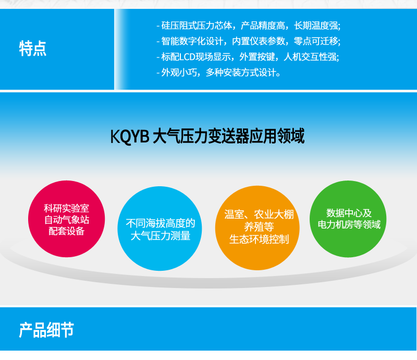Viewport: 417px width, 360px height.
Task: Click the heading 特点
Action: (33, 49)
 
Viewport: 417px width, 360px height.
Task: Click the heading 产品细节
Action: (46, 330)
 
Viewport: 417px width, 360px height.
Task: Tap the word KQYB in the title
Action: (129, 136)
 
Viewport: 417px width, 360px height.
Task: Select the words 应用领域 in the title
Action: (277, 136)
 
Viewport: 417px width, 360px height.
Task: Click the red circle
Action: (67, 219)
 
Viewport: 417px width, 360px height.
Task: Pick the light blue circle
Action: (160, 229)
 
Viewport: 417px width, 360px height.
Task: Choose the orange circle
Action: (257, 228)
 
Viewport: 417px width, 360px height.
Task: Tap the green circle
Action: (348, 219)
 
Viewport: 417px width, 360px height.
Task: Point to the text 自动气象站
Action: (67, 220)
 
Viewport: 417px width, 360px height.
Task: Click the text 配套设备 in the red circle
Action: (67, 231)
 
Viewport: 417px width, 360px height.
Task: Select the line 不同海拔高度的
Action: (161, 223)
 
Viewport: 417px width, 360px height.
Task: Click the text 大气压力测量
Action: (161, 236)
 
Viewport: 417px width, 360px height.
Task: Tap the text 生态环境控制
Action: (259, 239)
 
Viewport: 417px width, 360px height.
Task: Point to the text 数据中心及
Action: (349, 213)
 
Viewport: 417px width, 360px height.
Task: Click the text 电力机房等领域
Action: (349, 224)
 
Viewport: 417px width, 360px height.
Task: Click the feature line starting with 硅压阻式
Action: (249, 26)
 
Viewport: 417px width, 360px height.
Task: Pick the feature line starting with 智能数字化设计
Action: (249, 41)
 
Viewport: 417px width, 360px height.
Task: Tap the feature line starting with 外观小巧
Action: (218, 72)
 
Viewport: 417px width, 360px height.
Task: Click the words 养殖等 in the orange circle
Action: (259, 226)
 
